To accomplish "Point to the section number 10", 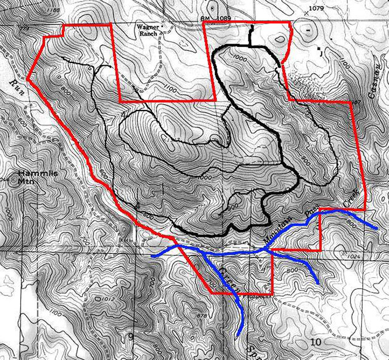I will point(316,341).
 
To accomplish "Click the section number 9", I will point(130,338).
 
